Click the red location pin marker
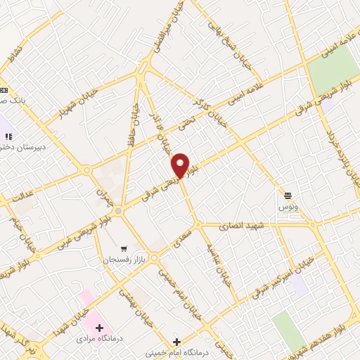[181, 165]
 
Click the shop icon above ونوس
[288, 195]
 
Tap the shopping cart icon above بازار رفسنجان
[124, 248]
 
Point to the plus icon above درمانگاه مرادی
[99, 328]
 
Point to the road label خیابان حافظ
[132, 121]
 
